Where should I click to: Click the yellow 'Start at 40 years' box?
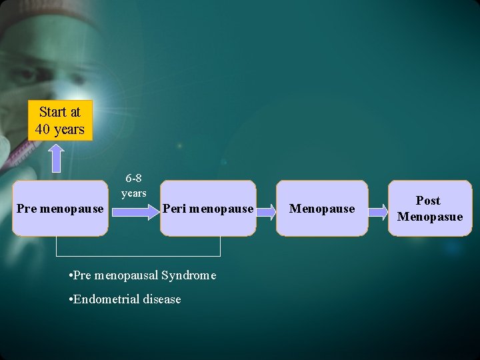60,121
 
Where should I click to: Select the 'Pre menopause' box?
60,209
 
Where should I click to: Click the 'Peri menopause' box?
208,209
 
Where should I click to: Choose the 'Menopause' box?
322,209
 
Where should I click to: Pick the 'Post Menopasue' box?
429,209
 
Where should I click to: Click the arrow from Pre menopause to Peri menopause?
133,212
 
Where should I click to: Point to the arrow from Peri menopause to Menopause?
266,212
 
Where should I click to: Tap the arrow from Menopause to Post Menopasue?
378,212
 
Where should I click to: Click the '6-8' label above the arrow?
133,179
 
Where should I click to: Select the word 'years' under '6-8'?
133,193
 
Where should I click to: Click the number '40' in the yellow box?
43,129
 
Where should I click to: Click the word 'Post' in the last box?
428,201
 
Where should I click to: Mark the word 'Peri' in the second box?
174,209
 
